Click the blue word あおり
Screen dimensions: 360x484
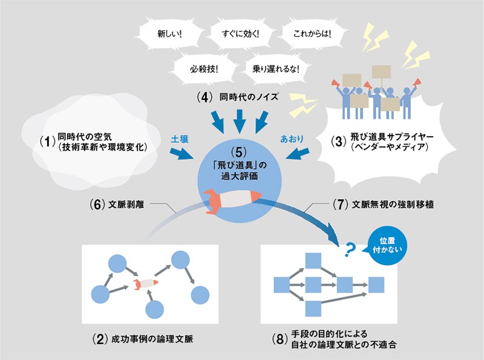[289, 139]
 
